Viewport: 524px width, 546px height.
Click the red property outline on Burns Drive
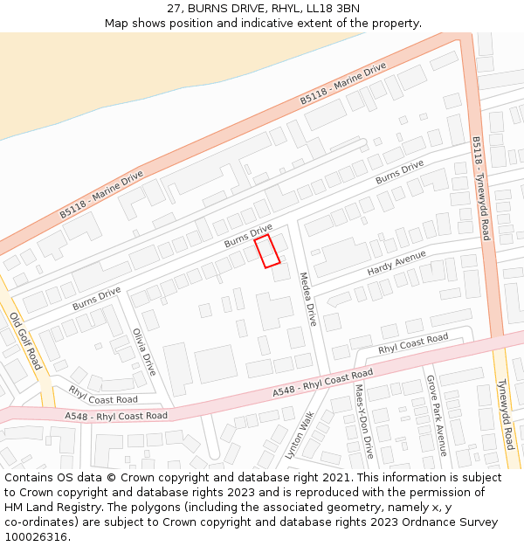[x=267, y=250]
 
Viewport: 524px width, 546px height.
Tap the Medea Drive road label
[x=307, y=299]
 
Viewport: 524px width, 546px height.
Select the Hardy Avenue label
[x=396, y=262]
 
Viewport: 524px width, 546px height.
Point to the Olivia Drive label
[x=143, y=352]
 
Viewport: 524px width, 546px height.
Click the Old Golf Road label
[x=25, y=340]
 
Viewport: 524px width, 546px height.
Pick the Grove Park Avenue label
[x=436, y=416]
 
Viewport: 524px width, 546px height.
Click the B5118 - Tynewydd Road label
[x=481, y=188]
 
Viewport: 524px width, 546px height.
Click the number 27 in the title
[x=174, y=8]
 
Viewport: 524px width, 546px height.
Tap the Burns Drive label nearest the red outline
[x=248, y=236]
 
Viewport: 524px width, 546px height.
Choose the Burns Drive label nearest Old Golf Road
[x=96, y=298]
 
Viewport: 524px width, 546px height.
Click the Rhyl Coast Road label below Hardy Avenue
[x=412, y=343]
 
